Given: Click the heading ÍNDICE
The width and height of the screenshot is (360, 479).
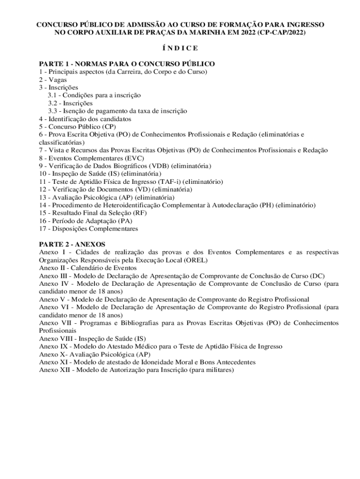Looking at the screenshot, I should [x=180, y=48].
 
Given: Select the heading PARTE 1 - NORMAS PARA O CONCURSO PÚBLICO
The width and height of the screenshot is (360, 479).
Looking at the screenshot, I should [x=127, y=64].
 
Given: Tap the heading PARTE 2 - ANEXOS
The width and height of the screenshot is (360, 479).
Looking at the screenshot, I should [x=72, y=244].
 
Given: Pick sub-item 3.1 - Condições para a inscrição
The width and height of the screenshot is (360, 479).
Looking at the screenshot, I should [x=94, y=95].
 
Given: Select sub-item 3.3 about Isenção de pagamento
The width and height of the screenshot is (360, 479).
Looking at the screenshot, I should [x=117, y=111].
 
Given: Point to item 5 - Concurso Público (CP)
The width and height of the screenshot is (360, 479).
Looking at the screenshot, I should [x=77, y=126].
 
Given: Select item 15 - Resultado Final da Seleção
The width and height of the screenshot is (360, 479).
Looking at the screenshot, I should [x=90, y=213].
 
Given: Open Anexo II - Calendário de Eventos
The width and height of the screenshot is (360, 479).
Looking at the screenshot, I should [x=88, y=268].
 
